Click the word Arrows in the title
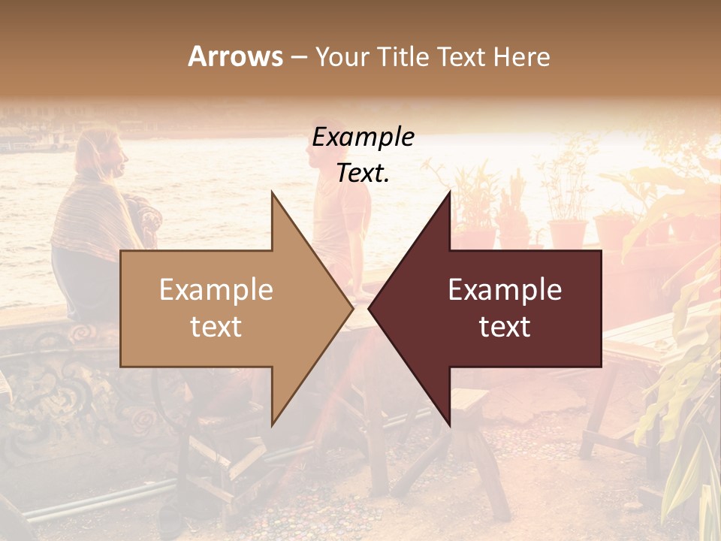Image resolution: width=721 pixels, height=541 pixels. (x=235, y=56)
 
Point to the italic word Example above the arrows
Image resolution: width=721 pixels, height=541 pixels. (x=364, y=138)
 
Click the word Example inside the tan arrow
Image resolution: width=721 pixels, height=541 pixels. (x=216, y=290)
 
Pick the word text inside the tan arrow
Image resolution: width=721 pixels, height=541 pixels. (x=216, y=327)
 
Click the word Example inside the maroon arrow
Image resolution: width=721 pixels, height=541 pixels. (x=505, y=290)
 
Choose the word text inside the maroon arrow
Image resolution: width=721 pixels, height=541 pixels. (x=505, y=327)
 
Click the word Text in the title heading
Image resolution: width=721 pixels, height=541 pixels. (x=461, y=56)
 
